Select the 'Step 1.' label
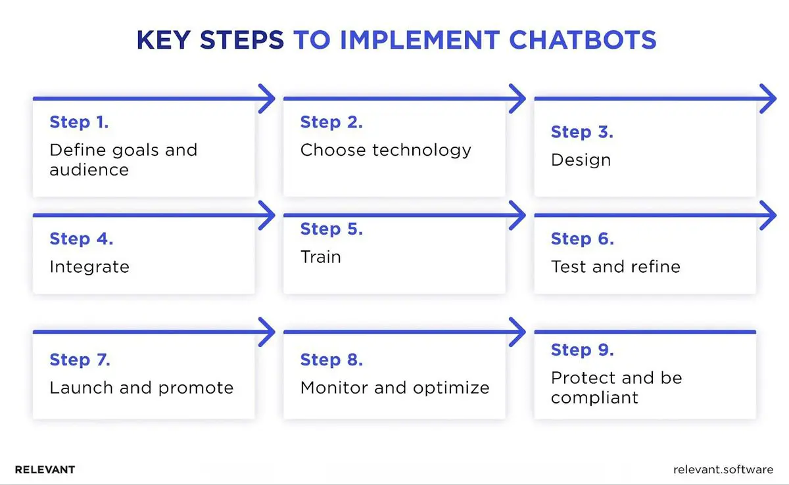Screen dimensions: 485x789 pos(79,122)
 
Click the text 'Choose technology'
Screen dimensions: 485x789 pos(385,150)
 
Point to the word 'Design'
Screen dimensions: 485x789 pos(581,160)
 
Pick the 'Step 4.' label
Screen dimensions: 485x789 pos(81,239)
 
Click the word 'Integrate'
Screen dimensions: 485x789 pos(89,267)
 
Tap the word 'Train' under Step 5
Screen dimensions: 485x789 pos(320,257)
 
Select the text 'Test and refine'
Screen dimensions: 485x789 pos(615,267)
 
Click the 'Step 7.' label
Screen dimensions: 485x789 pos(80,360)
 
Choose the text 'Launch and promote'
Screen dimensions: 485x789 pos(141,388)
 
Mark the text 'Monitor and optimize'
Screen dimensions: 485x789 pos(394,388)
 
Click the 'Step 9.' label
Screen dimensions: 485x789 pos(582,350)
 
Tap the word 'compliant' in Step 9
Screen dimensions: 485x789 pos(594,398)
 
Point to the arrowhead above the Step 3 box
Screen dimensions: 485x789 pos(769,99)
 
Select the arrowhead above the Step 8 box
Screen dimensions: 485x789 pos(518,332)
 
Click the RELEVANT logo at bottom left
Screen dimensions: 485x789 pos(45,470)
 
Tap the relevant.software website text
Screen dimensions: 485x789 pos(723,470)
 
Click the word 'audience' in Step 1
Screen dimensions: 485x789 pos(89,170)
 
